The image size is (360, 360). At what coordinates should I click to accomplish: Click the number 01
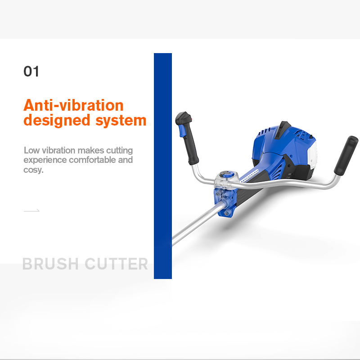31,71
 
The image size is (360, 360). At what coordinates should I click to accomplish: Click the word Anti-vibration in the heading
73,105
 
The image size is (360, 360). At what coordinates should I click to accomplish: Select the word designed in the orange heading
57,120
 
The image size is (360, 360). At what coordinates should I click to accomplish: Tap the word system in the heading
121,121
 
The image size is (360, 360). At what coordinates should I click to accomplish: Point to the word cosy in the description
33,170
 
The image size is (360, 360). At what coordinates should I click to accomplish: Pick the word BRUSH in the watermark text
50,264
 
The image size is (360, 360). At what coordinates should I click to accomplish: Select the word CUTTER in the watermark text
117,264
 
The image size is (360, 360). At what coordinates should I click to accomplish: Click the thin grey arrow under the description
31,211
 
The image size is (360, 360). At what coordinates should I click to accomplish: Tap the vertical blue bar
163,166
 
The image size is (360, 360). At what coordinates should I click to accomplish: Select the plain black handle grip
346,156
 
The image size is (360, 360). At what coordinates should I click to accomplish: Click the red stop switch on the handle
191,119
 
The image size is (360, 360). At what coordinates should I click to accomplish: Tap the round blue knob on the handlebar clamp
227,174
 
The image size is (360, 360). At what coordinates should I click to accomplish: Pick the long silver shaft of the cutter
197,225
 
